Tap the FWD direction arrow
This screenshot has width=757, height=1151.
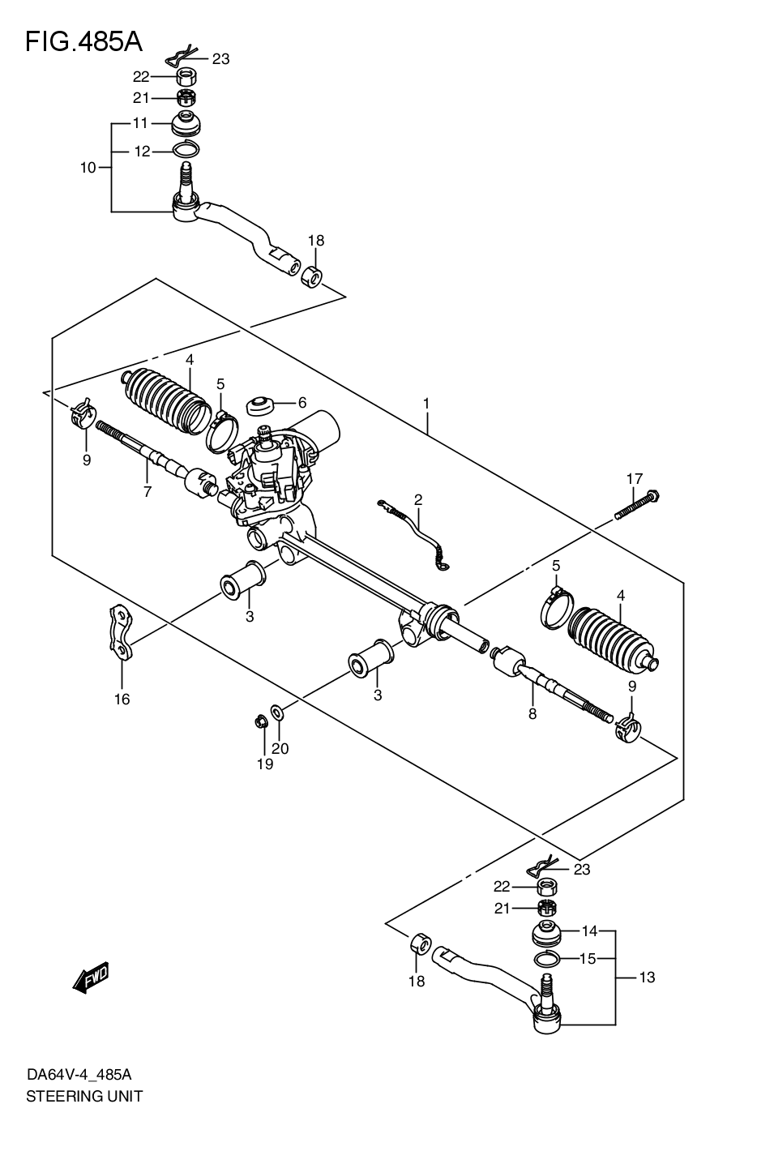click(x=90, y=978)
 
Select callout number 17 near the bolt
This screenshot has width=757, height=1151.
click(x=633, y=478)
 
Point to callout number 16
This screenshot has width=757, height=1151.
click(x=122, y=699)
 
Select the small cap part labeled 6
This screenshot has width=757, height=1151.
click(x=261, y=402)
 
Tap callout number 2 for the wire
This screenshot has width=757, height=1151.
click(x=418, y=499)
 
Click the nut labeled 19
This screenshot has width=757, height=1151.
click(x=262, y=719)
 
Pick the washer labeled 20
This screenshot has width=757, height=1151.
click(x=277, y=712)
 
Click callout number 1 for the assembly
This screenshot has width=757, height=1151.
click(x=426, y=402)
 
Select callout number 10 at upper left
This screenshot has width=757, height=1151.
click(x=88, y=168)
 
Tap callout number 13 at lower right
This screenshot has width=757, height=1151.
click(x=646, y=978)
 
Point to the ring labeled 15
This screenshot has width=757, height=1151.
click(x=549, y=960)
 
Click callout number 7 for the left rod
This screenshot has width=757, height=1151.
click(x=148, y=490)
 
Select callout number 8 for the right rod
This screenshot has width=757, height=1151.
click(x=532, y=713)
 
